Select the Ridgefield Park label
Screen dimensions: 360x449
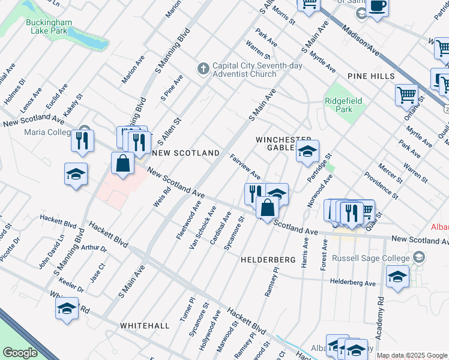[x=344, y=106]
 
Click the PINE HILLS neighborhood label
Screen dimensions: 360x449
[x=370, y=76]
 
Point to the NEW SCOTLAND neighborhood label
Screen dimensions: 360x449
[x=186, y=154]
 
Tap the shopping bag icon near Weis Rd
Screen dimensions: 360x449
[x=122, y=163]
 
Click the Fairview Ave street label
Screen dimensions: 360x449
[x=245, y=166]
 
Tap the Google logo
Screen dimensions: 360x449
[x=20, y=353]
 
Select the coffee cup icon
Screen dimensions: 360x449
[x=378, y=6]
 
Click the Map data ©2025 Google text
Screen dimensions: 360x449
[x=411, y=355]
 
